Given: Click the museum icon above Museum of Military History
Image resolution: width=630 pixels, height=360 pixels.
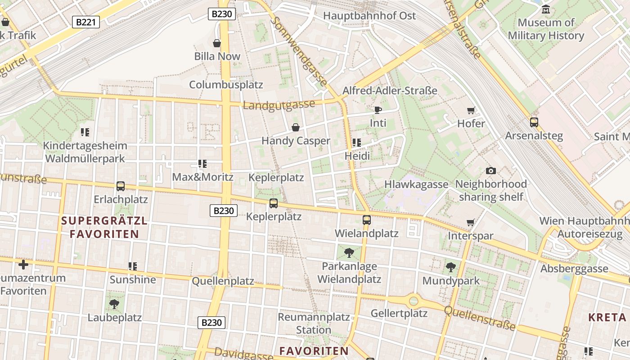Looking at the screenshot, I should tap(546, 9).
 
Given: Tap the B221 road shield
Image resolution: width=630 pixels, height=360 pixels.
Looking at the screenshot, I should tap(85, 22).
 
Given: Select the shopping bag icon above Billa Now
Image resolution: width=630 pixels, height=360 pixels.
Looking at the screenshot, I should tap(217, 43).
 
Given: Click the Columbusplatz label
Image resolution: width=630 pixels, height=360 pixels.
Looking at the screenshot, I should tap(226, 85).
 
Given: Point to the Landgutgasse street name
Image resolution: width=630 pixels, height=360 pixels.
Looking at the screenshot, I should tap(279, 105).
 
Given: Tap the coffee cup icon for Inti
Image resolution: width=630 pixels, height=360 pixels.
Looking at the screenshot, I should tap(378, 110).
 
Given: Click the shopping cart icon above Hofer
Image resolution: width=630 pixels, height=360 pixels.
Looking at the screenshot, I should tap(471, 110).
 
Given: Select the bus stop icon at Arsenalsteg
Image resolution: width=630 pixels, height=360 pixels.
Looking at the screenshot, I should tap(534, 122).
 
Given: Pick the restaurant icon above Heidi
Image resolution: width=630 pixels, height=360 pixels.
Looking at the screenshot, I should tap(357, 143).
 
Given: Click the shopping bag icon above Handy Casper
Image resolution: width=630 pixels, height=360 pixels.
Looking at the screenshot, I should tap(296, 127).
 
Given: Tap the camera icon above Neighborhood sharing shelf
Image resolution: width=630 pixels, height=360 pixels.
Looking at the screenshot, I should tap(491, 171).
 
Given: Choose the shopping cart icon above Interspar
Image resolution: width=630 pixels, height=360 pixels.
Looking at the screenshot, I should tap(471, 222).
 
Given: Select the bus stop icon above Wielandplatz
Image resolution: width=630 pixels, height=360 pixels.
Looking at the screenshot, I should tap(367, 220).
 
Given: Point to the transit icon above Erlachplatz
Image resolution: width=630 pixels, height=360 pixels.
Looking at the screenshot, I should tap(121, 186).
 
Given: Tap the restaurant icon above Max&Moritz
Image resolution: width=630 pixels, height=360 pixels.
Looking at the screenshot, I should tap(202, 164).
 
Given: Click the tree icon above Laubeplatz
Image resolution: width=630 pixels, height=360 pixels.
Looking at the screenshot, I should tap(114, 304).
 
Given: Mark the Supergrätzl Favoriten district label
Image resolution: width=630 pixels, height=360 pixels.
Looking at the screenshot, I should tap(104, 227).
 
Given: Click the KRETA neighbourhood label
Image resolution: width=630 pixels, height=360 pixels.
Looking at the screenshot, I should tap(607, 317).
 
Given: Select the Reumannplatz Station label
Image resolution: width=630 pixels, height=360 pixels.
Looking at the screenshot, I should tap(314, 323).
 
